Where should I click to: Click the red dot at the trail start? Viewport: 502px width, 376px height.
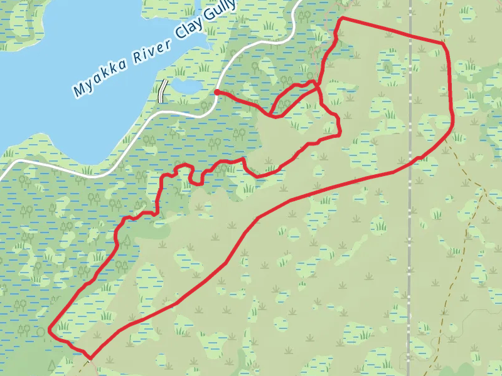tap(216, 92)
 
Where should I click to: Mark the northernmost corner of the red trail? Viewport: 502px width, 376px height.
tap(341, 19)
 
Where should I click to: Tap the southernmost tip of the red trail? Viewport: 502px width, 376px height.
tap(90, 358)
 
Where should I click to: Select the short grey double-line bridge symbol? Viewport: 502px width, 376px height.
tap(163, 91)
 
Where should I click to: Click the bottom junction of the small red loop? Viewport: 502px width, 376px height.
tap(274, 116)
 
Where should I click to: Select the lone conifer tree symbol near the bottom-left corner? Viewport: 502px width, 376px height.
tap(52, 365)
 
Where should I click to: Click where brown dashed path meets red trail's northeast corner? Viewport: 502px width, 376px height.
tap(443, 43)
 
